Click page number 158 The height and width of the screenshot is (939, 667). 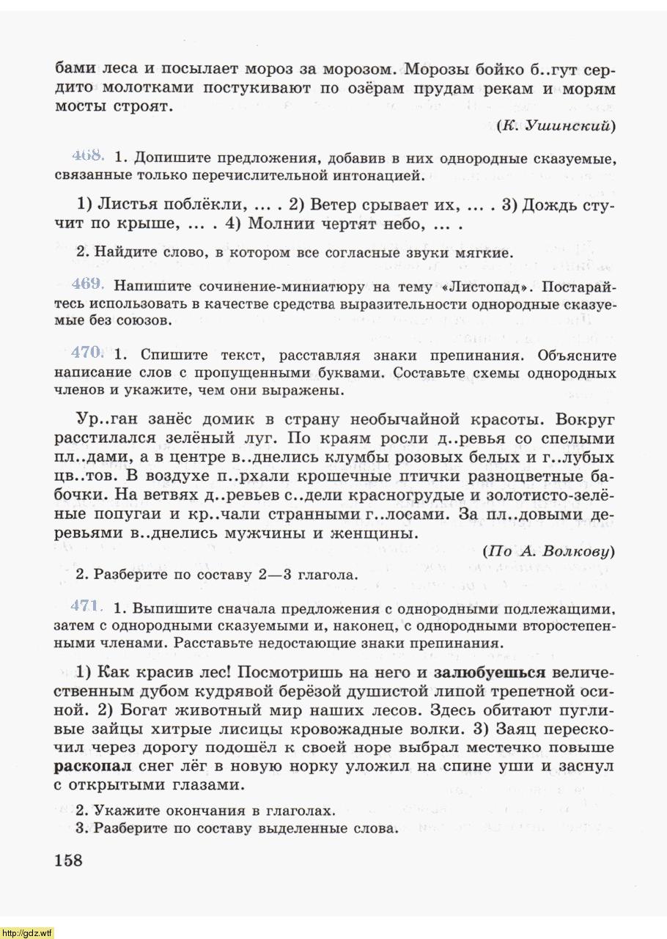pos(69,859)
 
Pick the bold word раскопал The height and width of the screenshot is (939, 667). pos(92,766)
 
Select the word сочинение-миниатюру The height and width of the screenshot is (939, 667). pos(254,285)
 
